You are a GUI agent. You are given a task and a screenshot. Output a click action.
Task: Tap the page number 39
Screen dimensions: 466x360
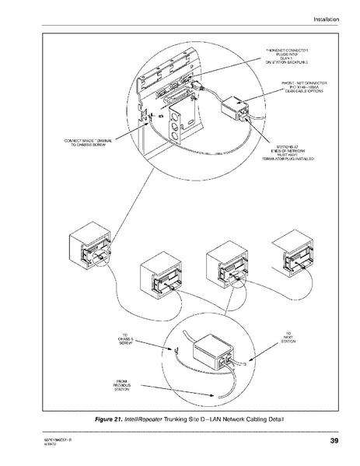pos(333,443)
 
